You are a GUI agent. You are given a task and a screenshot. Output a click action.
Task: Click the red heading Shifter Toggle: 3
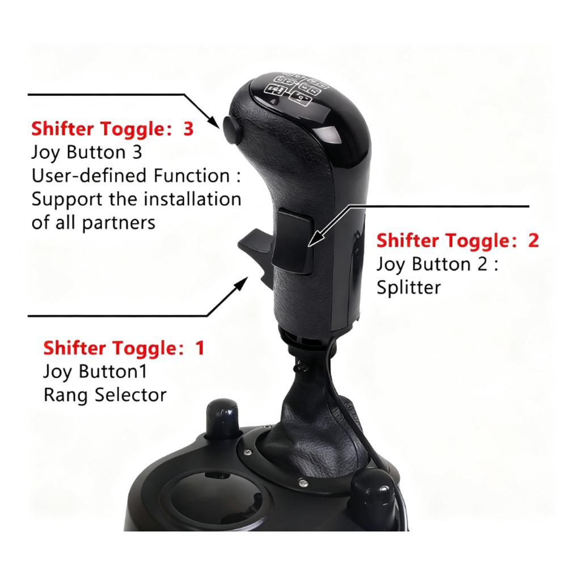[x=112, y=129]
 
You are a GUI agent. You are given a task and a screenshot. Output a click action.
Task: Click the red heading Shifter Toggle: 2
[x=458, y=240]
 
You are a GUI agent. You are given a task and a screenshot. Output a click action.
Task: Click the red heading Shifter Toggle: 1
[x=124, y=348]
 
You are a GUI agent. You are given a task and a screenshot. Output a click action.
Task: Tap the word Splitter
[x=409, y=288]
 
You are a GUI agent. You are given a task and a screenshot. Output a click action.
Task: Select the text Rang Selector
[x=105, y=395]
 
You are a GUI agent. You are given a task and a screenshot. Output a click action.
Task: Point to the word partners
[x=119, y=223]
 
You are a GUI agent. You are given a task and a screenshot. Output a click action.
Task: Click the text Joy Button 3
[x=86, y=153]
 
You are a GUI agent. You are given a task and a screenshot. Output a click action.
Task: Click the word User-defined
[x=90, y=176]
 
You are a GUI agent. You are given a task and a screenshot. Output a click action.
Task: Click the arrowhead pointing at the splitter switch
[x=315, y=239]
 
